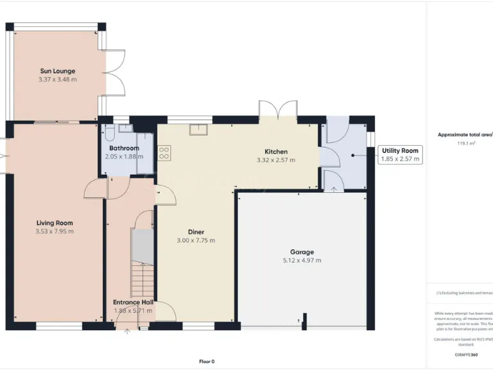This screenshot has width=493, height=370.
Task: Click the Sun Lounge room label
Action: point(58,71)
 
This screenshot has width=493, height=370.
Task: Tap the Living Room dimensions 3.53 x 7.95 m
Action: point(55,231)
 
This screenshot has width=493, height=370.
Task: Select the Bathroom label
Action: point(124,148)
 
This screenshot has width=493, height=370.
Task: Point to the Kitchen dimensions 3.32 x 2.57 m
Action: point(275,160)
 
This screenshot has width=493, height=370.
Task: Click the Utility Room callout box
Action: point(399,155)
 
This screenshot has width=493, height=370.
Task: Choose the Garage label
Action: point(302,252)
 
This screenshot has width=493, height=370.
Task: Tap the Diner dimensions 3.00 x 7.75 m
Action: point(196,240)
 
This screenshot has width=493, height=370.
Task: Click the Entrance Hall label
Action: point(133,302)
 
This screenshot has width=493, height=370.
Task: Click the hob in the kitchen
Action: point(164,153)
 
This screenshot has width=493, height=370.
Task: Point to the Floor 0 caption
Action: point(207,361)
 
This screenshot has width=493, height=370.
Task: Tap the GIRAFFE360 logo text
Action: point(465,355)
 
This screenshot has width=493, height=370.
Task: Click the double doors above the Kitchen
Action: point(279,109)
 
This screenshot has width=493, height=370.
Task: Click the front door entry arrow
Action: point(126,331)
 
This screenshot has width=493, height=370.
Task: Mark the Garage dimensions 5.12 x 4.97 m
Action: point(302,260)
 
